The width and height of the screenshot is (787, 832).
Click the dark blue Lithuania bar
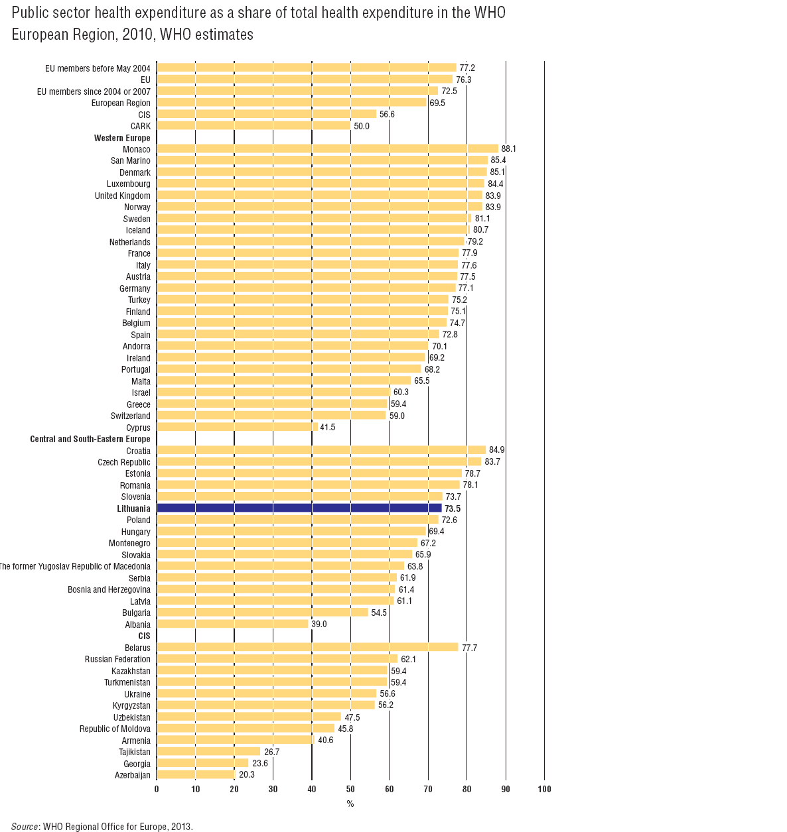[x=299, y=508]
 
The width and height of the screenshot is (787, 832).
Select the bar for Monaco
[x=327, y=149]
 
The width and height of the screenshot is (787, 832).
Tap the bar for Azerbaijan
[x=196, y=775]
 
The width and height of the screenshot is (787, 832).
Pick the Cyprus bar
[x=237, y=428]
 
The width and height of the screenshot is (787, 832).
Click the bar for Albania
[x=232, y=624]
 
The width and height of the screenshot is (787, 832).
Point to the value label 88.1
[x=508, y=149]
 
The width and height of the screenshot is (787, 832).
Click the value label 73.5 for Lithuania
[x=452, y=508]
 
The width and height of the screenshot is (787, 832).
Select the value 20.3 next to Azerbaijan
[x=246, y=775]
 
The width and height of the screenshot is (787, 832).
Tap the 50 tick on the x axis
[x=350, y=789]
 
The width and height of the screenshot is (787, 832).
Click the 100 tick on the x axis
[x=544, y=789]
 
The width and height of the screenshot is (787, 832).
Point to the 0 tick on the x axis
[x=157, y=789]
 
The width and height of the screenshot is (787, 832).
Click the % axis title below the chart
[x=350, y=804]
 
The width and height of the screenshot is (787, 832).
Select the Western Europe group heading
[x=122, y=138]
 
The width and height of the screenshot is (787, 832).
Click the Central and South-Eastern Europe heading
[x=90, y=439]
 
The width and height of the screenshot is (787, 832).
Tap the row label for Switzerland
[x=130, y=416]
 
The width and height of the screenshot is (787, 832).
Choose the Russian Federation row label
[x=117, y=659]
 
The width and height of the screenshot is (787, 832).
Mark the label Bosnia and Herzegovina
[x=109, y=589]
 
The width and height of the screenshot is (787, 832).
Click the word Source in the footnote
[x=25, y=827]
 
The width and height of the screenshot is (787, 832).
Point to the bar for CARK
[x=253, y=126]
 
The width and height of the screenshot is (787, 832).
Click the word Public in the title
[x=29, y=13]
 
